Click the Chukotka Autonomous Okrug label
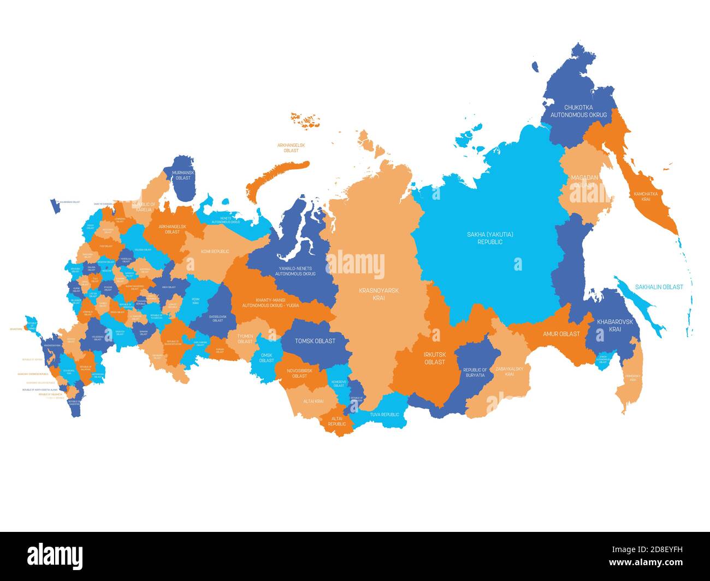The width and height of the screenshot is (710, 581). (578, 111)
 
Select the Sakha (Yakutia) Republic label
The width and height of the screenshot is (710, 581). (489, 238)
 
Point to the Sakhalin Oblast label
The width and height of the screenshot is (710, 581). (659, 287)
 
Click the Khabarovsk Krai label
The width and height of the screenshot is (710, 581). (615, 326)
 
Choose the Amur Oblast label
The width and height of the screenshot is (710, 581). (561, 334)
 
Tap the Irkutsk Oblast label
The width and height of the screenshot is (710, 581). (434, 358)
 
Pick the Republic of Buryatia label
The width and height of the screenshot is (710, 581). (475, 373)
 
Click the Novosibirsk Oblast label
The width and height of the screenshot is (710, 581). (299, 373)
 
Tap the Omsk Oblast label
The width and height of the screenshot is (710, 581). (267, 357)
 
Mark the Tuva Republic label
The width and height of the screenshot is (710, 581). (381, 415)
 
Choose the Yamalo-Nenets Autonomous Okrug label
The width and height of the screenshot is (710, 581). (295, 271)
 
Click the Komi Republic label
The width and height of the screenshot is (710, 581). (215, 251)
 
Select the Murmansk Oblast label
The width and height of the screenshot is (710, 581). (181, 175)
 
